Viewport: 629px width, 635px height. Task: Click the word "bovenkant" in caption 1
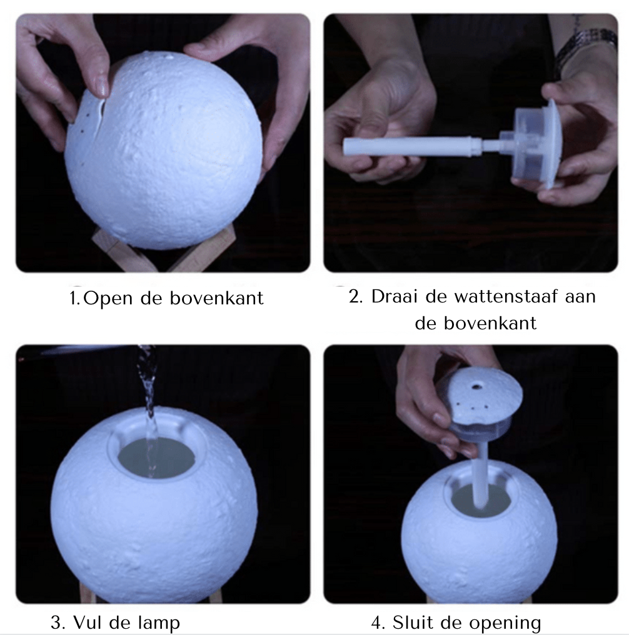(216, 298)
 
